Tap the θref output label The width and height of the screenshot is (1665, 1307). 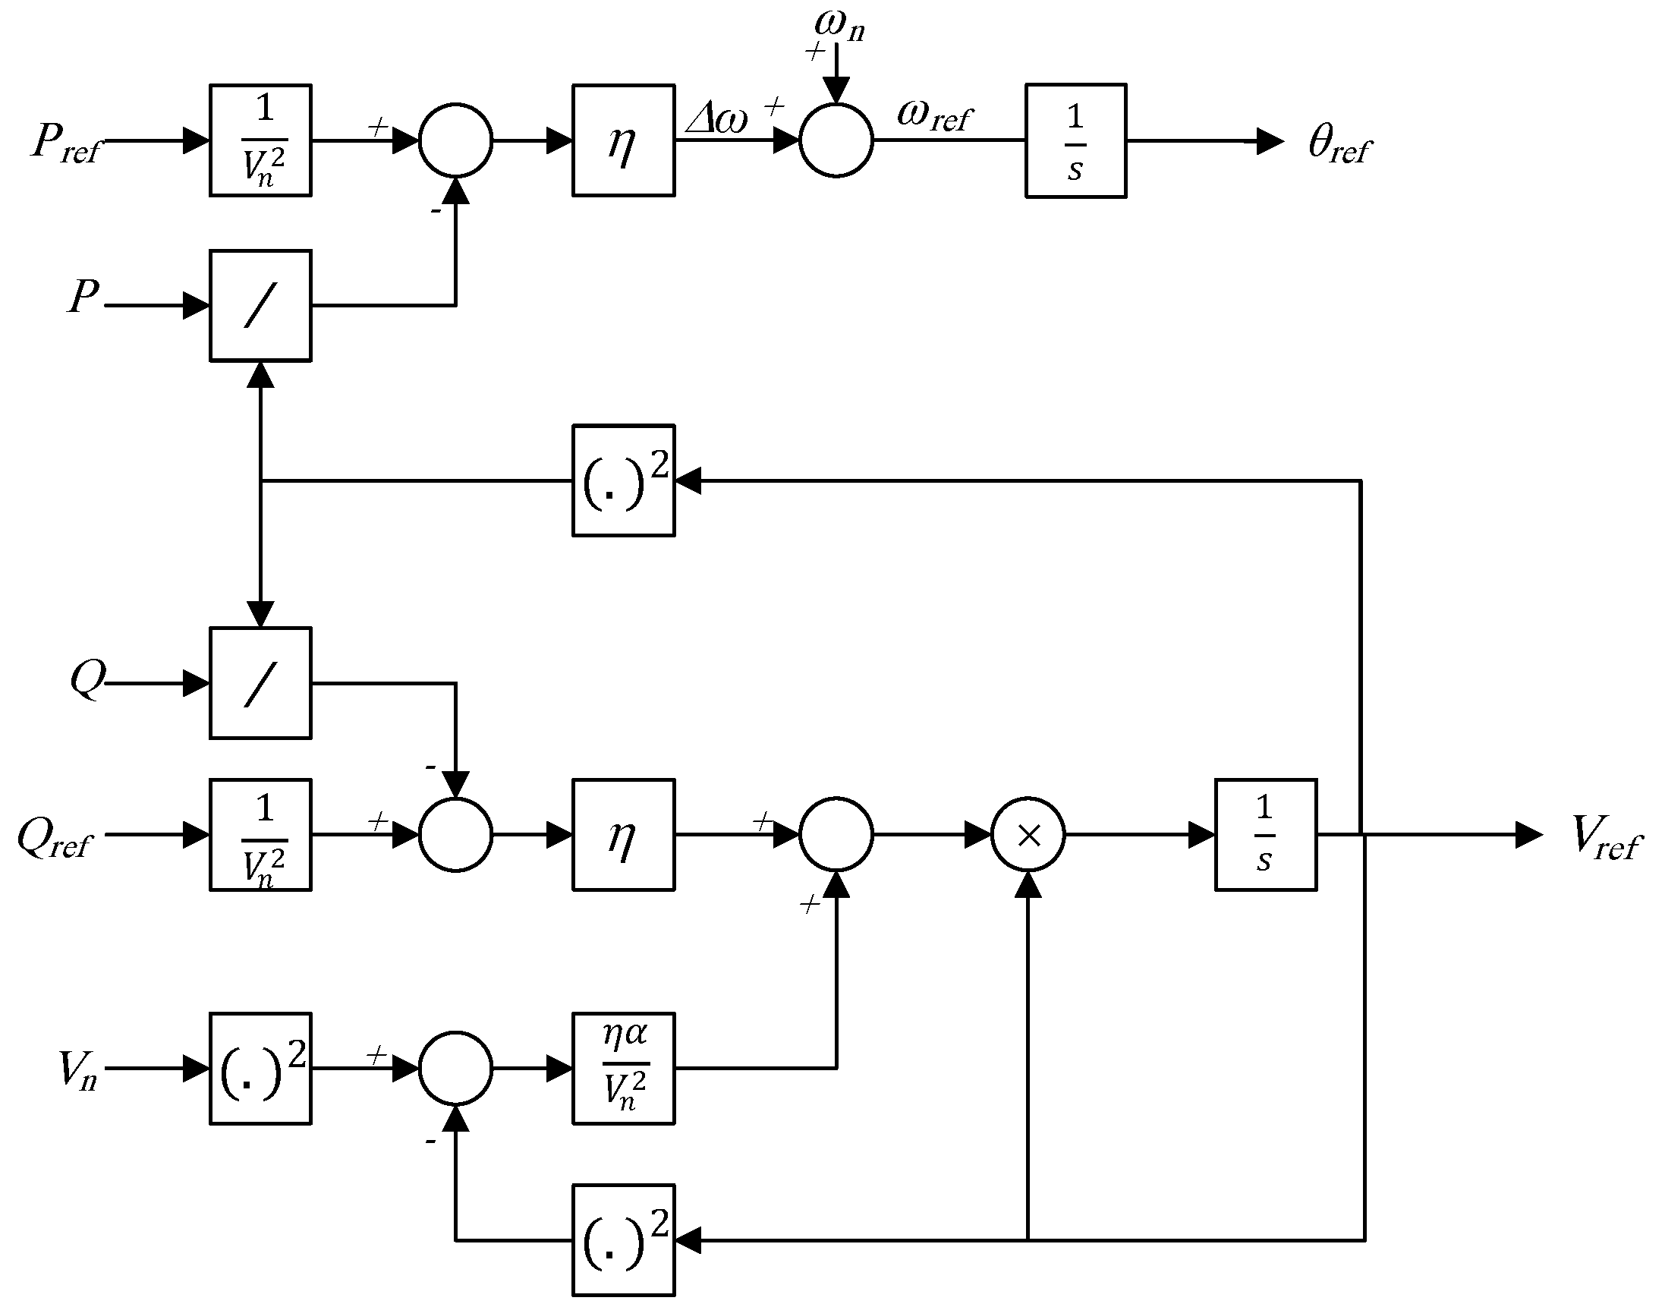[x=1339, y=145]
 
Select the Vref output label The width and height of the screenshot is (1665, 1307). [x=1605, y=838]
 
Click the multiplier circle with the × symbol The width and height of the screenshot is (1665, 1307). [x=1028, y=835]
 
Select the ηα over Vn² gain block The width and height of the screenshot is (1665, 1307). [x=624, y=1069]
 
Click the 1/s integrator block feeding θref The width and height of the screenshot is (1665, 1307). [x=1075, y=142]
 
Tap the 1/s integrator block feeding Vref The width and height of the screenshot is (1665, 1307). [x=1266, y=835]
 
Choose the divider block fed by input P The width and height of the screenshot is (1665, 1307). [x=260, y=305]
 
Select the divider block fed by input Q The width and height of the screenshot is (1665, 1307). [x=260, y=683]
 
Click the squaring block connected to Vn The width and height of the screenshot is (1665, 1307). [x=260, y=1069]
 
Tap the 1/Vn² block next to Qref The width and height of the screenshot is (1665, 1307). [x=260, y=835]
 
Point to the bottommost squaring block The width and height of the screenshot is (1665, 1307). [x=624, y=1240]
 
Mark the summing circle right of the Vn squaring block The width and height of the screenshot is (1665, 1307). [x=455, y=1069]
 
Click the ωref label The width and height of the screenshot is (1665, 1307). [x=933, y=117]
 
